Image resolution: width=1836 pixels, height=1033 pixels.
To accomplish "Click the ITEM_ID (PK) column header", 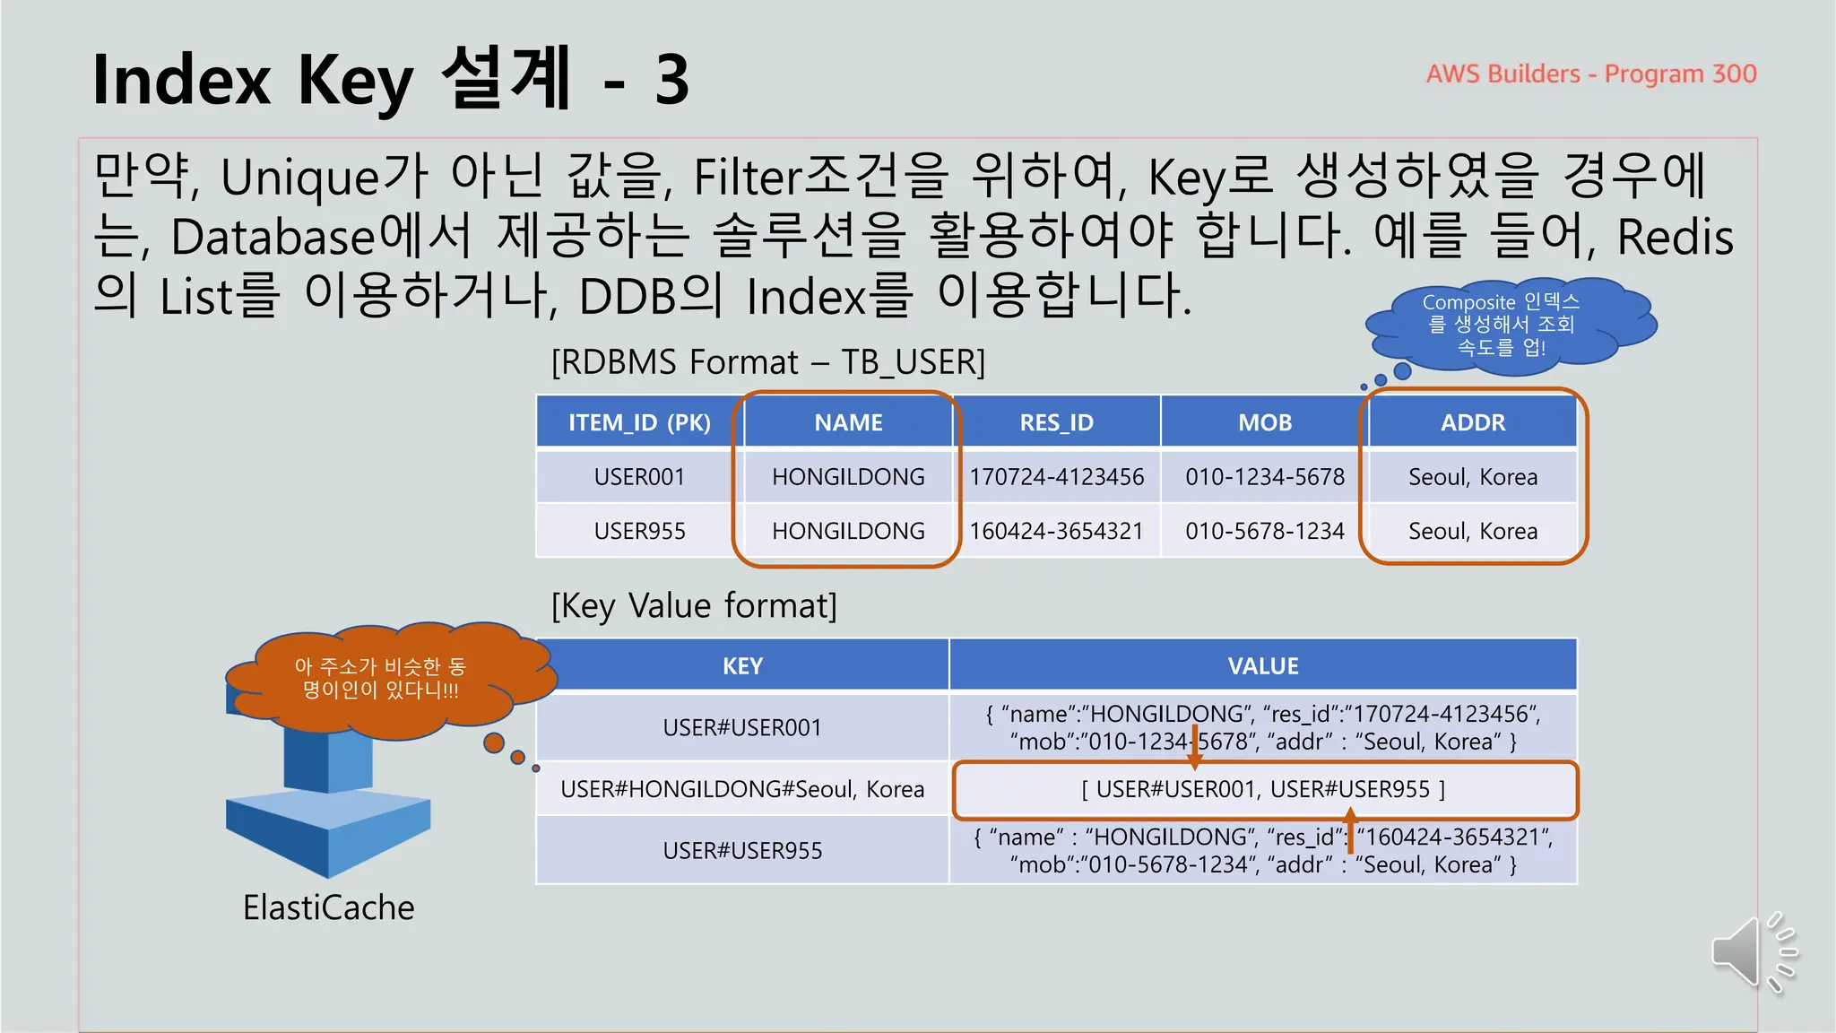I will [639, 422].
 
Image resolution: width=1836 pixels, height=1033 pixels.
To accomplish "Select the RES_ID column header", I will [1056, 422].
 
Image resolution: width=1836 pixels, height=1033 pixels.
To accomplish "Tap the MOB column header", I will [1264, 422].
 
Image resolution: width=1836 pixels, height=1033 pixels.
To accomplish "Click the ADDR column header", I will [1472, 422].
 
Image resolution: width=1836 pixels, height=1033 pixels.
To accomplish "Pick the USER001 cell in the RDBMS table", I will [639, 477].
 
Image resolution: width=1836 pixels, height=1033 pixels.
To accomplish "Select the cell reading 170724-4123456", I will [1056, 477].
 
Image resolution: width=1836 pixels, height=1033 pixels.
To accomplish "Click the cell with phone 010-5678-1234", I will [1264, 531].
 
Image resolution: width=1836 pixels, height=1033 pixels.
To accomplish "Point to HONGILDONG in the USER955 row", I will [848, 531].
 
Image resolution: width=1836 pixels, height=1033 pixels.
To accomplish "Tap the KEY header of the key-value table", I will [742, 666].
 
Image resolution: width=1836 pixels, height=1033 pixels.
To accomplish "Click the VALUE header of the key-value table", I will [1262, 666].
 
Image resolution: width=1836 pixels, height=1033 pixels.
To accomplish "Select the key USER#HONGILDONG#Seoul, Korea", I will [742, 789].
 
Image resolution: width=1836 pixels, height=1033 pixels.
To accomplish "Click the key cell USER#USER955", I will [742, 850].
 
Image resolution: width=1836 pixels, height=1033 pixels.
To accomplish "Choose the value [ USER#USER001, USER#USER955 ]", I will [1262, 789].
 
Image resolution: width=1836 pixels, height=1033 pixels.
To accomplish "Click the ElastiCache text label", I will [328, 907].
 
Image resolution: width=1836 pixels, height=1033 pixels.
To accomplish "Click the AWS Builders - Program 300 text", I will [1590, 74].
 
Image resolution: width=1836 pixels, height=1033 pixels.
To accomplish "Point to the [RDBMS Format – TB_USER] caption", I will [767, 362].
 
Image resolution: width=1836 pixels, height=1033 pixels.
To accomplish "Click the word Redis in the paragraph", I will [1675, 238].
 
